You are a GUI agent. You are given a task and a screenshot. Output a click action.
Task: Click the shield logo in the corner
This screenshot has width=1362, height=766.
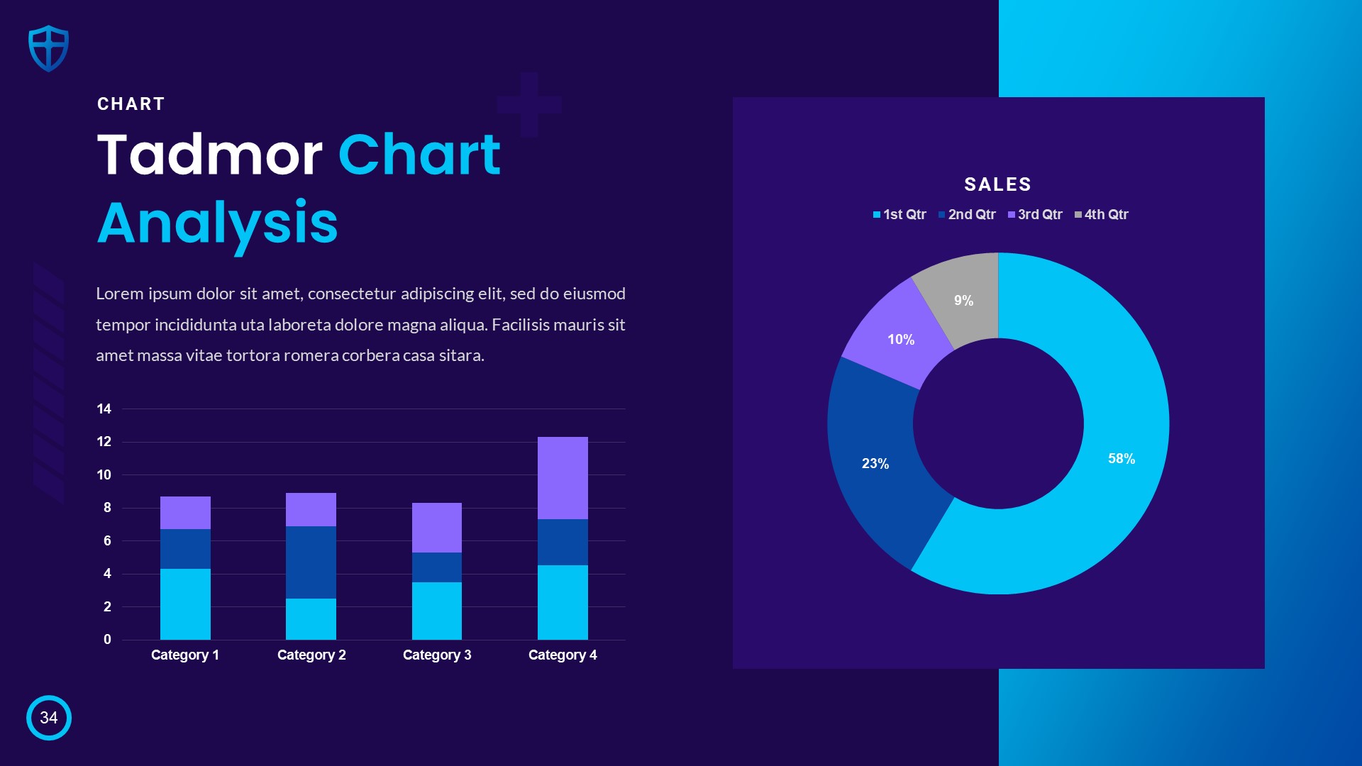48,48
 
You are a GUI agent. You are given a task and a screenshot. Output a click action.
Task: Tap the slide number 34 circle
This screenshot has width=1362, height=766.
49,718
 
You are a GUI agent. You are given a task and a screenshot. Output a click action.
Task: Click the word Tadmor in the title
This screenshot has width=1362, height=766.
209,155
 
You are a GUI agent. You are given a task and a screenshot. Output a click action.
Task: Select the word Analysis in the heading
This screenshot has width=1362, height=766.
217,223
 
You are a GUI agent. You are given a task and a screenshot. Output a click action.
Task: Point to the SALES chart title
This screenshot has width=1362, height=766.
997,184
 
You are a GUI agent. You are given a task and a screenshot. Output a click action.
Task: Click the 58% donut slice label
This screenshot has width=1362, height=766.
1122,459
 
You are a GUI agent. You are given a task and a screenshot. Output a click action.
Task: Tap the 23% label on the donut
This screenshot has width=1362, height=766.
875,463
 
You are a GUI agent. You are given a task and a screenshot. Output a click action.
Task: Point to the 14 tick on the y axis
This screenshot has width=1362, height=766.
104,409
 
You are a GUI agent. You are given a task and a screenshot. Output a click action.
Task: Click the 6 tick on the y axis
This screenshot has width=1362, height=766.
107,540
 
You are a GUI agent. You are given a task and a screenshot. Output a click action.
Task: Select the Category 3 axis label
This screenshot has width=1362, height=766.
437,655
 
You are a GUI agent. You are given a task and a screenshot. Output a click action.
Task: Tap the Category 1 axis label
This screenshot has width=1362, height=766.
185,655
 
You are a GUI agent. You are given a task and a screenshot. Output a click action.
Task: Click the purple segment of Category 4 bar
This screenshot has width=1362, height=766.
563,478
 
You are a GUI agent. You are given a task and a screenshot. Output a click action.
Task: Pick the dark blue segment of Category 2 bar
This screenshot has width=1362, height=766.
311,562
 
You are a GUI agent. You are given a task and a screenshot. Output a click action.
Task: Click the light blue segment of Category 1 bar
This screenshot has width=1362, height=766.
185,604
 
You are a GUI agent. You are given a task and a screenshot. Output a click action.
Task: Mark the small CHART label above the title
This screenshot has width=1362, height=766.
131,104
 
